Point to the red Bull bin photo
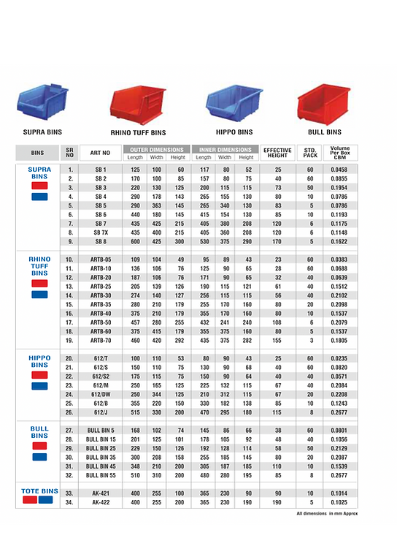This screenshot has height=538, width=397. pyautogui.click(x=323, y=104)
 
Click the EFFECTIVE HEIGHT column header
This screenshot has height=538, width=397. pyautogui.click(x=277, y=153)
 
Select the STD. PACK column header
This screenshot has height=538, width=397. pyautogui.click(x=310, y=153)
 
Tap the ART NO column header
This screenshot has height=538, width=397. pyautogui.click(x=101, y=153)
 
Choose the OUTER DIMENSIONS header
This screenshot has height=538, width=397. pyautogui.click(x=156, y=149)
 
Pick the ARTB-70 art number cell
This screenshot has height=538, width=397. pyautogui.click(x=101, y=340)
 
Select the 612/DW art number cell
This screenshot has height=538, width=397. pyautogui.click(x=101, y=394)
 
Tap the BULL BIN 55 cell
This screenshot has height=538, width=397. pyautogui.click(x=101, y=474)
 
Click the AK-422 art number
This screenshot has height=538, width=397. pyautogui.click(x=101, y=502)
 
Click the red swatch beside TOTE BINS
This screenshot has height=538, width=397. pyautogui.click(x=31, y=500)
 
